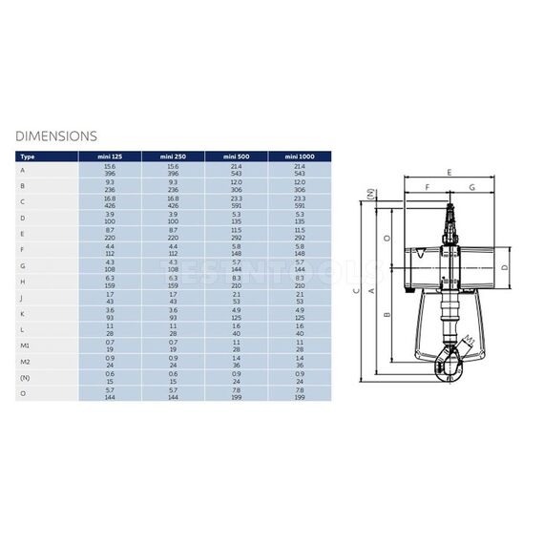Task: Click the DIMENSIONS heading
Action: point(56,136)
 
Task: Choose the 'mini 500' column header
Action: point(235,155)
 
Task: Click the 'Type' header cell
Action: point(28,155)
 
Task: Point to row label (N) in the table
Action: point(24,377)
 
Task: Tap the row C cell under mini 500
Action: point(235,201)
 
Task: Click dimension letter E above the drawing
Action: point(449,172)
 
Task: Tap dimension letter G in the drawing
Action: point(471,189)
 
